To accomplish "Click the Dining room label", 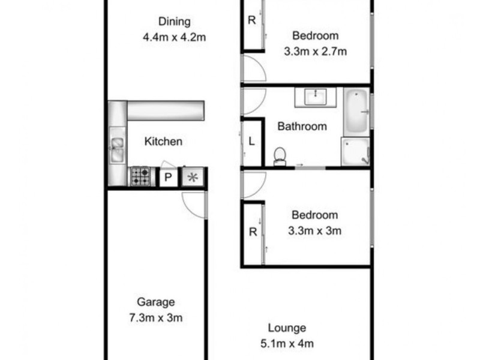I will click(175, 22).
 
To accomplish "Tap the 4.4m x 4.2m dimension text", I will click(175, 37).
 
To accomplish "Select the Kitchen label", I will click(163, 142).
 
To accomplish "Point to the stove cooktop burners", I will click(141, 176).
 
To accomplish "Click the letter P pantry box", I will click(169, 178).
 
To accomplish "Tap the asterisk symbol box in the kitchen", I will click(193, 178).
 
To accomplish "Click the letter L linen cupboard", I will click(252, 142).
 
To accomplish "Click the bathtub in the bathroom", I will click(357, 112).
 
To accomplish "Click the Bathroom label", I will click(302, 127).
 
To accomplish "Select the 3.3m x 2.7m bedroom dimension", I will click(316, 51).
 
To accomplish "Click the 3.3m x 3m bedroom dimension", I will click(316, 230).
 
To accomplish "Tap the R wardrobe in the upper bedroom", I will click(252, 19).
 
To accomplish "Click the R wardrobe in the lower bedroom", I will click(252, 233).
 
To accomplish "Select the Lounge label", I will click(287, 328).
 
